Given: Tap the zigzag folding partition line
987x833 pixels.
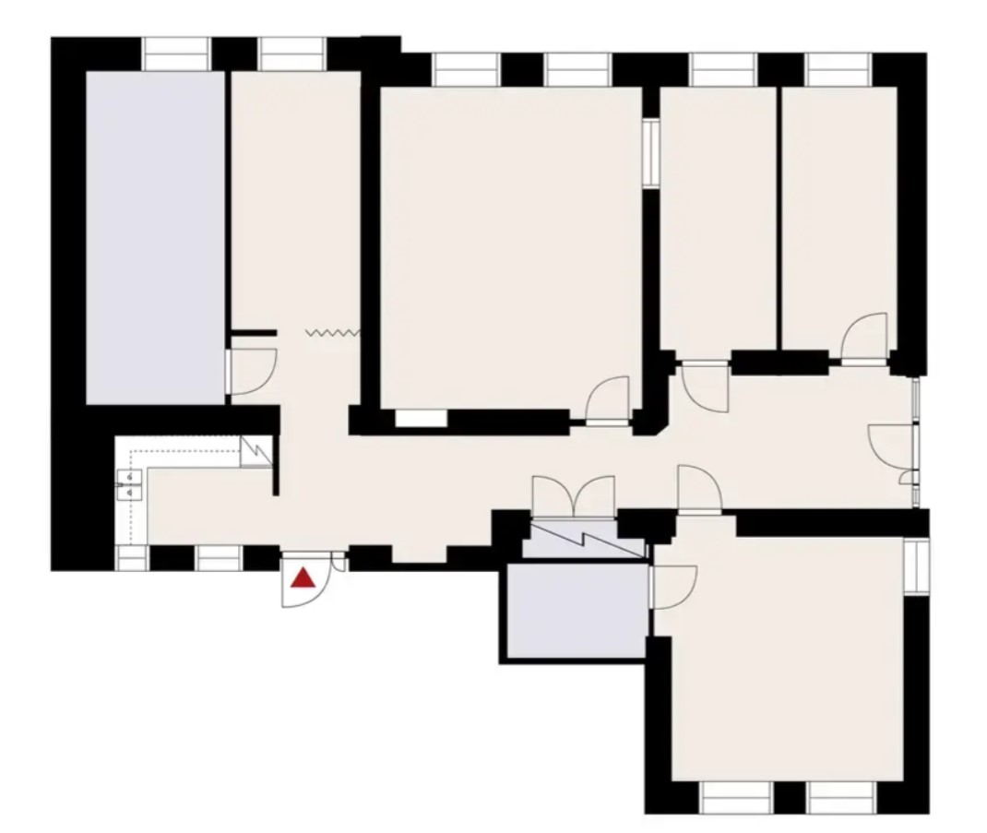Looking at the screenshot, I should (x=333, y=332).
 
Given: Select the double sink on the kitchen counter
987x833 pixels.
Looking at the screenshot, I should (x=129, y=484).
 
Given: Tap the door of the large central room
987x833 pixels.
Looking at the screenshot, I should (x=609, y=401).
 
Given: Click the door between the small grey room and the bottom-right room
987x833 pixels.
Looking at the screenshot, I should (x=672, y=587).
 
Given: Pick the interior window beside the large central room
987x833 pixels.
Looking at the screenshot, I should (x=651, y=152).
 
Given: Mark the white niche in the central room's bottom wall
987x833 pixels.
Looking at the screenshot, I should (x=421, y=418).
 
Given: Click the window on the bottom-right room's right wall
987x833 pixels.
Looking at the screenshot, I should (x=914, y=565).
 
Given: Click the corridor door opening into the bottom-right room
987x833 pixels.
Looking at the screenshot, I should (x=699, y=489).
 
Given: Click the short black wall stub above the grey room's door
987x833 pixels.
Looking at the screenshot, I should (x=254, y=332).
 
